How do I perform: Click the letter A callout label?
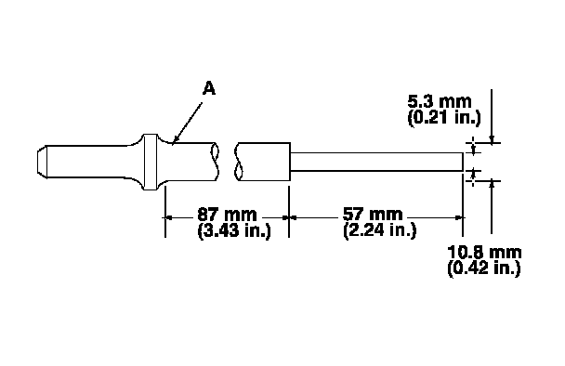pos(209,88)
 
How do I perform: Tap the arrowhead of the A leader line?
pos(175,141)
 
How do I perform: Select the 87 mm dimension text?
pos(227,215)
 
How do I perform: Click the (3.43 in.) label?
pos(234,230)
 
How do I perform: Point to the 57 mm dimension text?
pos(373,215)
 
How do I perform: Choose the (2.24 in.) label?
pos(380,230)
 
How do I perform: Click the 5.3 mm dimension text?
pos(440,101)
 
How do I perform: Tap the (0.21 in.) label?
pos(444,117)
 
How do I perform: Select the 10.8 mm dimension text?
pos(484,252)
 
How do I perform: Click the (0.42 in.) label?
pos(484,268)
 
